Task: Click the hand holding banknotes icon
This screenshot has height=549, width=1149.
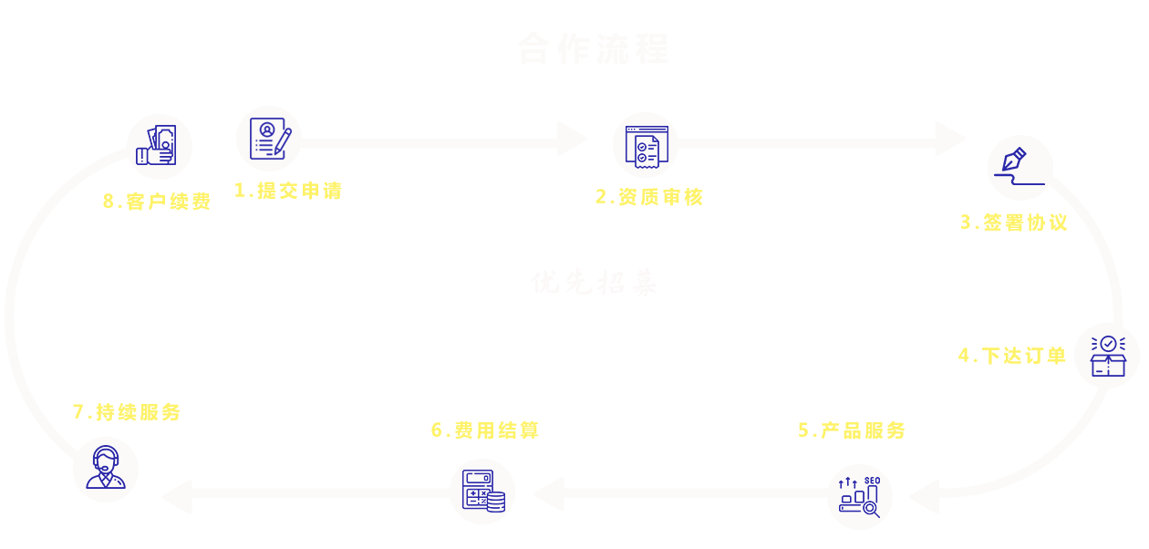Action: coord(156,145)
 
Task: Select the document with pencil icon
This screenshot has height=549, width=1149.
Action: coord(270,139)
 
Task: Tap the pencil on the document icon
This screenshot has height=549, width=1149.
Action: coord(284,141)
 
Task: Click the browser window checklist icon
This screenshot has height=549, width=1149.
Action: coord(647,146)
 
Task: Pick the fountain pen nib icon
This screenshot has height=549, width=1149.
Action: coord(1014,160)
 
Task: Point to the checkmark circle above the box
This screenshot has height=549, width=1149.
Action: coord(1108,344)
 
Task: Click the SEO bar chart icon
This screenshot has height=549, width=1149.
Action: coord(859,497)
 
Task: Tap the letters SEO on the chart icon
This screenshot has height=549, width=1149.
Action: coord(872,481)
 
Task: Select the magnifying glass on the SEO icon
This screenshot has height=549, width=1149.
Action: coord(871,509)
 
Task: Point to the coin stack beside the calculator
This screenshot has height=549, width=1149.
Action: coord(496,502)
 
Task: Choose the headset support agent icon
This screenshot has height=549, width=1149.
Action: coord(106,467)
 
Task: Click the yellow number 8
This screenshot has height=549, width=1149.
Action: coord(109,202)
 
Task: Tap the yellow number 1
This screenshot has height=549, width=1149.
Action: coord(240,190)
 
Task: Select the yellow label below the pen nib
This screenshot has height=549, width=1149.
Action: coord(1014,223)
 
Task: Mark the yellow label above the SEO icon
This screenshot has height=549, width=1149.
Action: coord(853,430)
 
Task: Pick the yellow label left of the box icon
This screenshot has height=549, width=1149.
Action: coord(1013,356)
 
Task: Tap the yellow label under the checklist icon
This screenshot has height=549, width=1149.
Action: coord(649,197)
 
